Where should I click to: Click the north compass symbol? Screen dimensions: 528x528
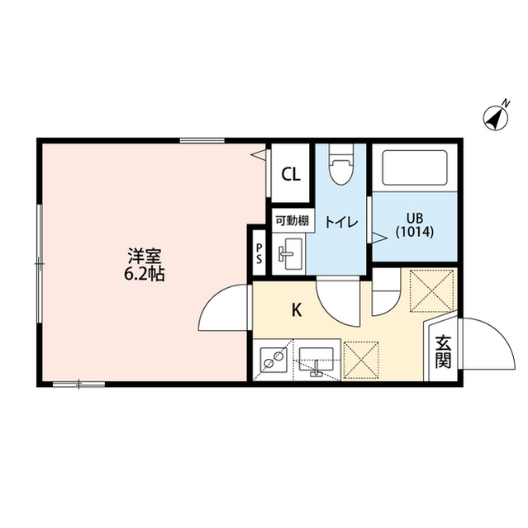tap(496, 118)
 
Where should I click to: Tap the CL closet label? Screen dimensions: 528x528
tap(291, 174)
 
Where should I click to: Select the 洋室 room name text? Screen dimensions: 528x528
tap(145, 257)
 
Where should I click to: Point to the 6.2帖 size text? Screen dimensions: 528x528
tap(145, 275)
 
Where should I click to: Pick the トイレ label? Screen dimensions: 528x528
tap(341, 222)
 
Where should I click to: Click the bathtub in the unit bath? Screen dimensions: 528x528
tap(415, 167)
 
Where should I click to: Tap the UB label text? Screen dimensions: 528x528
tap(415, 219)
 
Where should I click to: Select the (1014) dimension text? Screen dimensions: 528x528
tap(415, 232)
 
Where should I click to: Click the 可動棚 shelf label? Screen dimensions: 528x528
tap(293, 221)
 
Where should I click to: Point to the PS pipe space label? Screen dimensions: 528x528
tap(259, 253)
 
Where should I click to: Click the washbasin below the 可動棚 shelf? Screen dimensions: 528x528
tap(290, 254)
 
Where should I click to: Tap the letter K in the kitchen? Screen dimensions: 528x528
tap(297, 310)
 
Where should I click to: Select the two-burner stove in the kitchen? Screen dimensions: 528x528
tap(274, 360)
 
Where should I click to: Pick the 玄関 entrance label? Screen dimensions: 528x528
tap(443, 351)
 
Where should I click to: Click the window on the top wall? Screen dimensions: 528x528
tap(202, 141)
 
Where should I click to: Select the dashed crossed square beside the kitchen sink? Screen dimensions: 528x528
tap(361, 360)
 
